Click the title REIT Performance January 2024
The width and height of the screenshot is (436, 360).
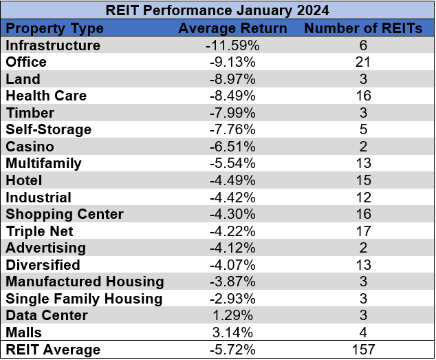pyautogui.click(x=217, y=11)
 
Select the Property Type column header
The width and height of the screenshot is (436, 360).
pyautogui.click(x=55, y=29)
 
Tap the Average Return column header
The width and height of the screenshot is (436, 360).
pyautogui.click(x=232, y=29)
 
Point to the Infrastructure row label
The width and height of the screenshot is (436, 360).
pyautogui.click(x=53, y=45)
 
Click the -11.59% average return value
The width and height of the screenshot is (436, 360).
pyautogui.click(x=232, y=45)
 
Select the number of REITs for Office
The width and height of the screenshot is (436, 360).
pyautogui.click(x=364, y=62)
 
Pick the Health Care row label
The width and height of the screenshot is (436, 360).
pyautogui.click(x=46, y=96)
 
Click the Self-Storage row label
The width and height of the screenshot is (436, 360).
pyautogui.click(x=48, y=129)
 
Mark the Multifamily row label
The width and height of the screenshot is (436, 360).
pyautogui.click(x=43, y=163)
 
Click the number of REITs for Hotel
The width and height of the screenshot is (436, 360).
pyautogui.click(x=364, y=180)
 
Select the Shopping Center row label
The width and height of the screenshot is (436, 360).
pyautogui.click(x=64, y=214)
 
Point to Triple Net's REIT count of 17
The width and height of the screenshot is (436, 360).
pyautogui.click(x=364, y=231)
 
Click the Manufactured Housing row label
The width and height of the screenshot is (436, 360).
pyautogui.click(x=85, y=282)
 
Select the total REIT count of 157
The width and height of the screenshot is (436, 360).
pyautogui.click(x=364, y=350)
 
